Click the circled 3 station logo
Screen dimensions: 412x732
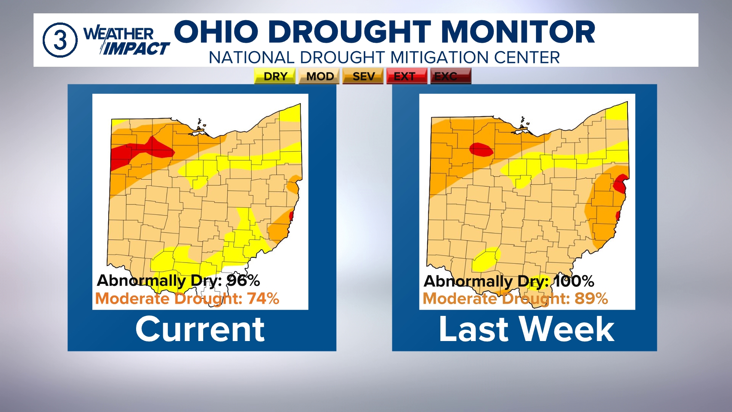(60, 40)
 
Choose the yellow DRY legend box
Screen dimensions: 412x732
(275, 76)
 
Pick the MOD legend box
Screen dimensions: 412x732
(319, 76)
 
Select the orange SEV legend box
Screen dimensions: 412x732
(363, 76)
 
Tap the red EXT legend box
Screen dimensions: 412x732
(406, 76)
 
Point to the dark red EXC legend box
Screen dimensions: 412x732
(450, 76)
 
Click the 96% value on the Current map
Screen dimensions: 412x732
(243, 281)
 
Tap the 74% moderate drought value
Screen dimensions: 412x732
(263, 299)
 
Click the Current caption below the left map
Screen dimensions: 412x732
(200, 329)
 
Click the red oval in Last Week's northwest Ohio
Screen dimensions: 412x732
(481, 149)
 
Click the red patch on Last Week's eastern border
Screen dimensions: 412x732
(621, 183)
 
